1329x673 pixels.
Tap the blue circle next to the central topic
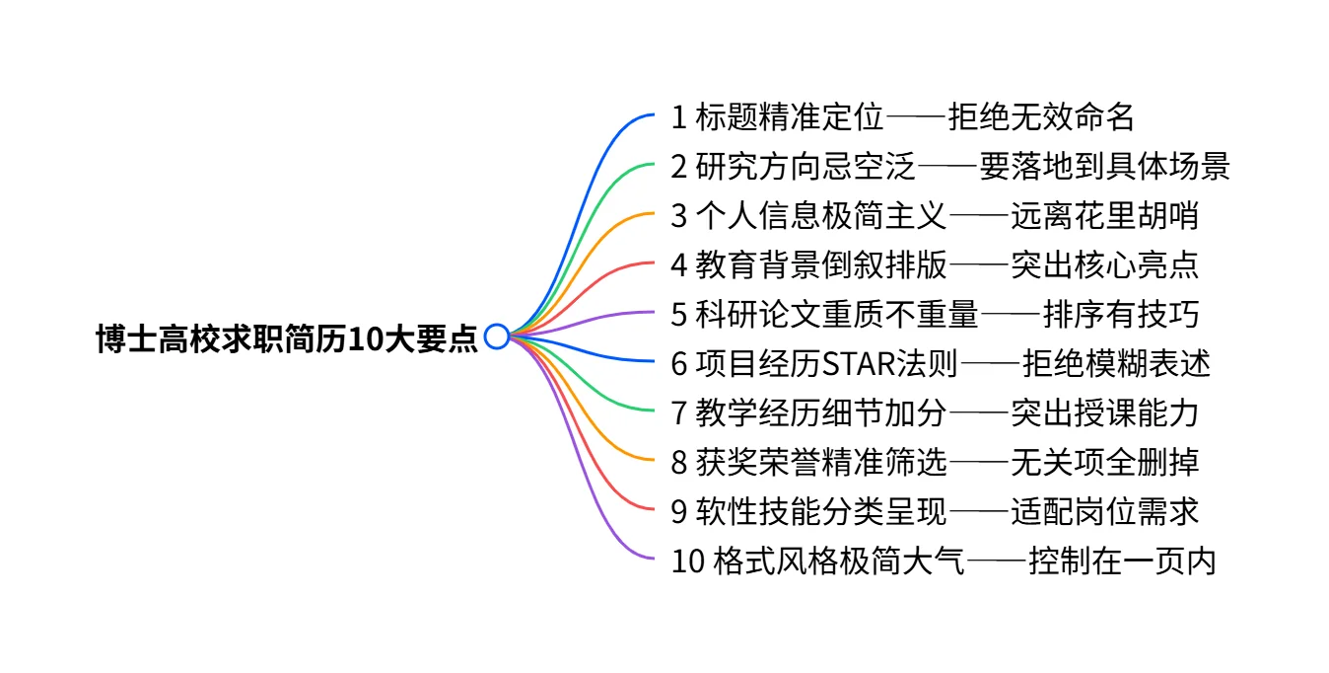pyautogui.click(x=497, y=336)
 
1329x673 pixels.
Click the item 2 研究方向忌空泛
pyautogui.click(x=793, y=167)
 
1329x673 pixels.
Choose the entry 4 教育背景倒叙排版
pyautogui.click(x=808, y=265)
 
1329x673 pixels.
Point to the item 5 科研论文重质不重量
pyautogui.click(x=824, y=315)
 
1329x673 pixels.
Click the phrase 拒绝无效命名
pyautogui.click(x=1041, y=117)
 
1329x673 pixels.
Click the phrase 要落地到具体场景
pyautogui.click(x=1104, y=167)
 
